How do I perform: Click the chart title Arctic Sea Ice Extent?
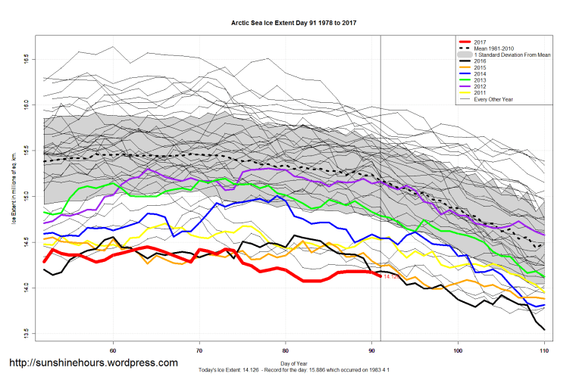(x=293, y=23)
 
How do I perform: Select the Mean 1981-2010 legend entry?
(x=493, y=49)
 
